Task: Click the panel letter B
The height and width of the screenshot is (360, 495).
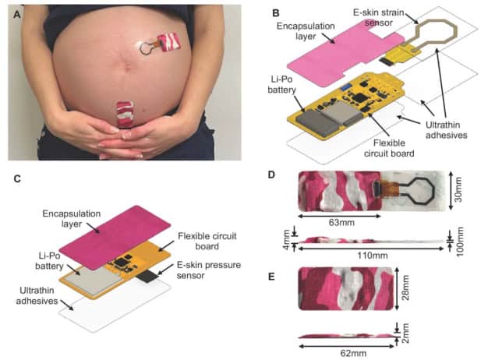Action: tap(274, 12)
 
